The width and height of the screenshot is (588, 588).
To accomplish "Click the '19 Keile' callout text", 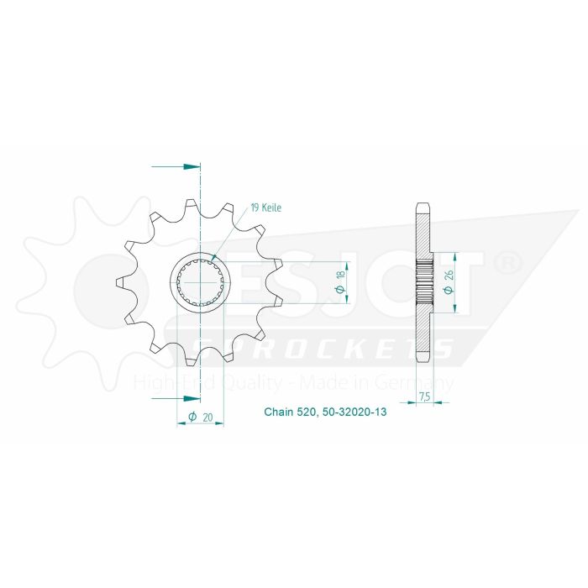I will point(265,207).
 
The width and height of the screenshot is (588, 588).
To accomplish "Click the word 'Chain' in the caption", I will point(279,412).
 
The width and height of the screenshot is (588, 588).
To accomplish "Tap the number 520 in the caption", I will point(306,412).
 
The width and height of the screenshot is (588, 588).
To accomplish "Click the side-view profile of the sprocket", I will point(423,282).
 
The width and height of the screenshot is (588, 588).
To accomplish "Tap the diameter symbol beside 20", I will point(192,416).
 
